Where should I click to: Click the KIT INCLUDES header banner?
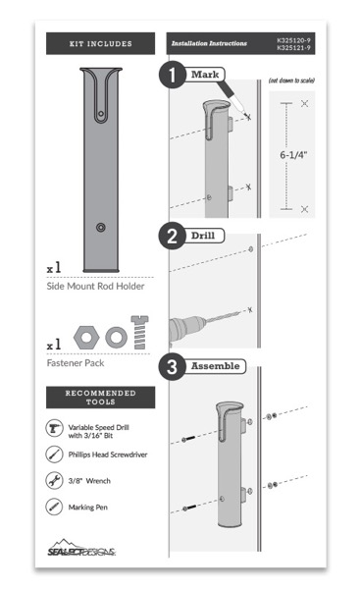tap(102, 43)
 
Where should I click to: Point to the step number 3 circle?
tap(175, 369)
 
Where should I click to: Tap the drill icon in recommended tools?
tap(55, 429)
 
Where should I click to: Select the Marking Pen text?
tap(91, 508)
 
